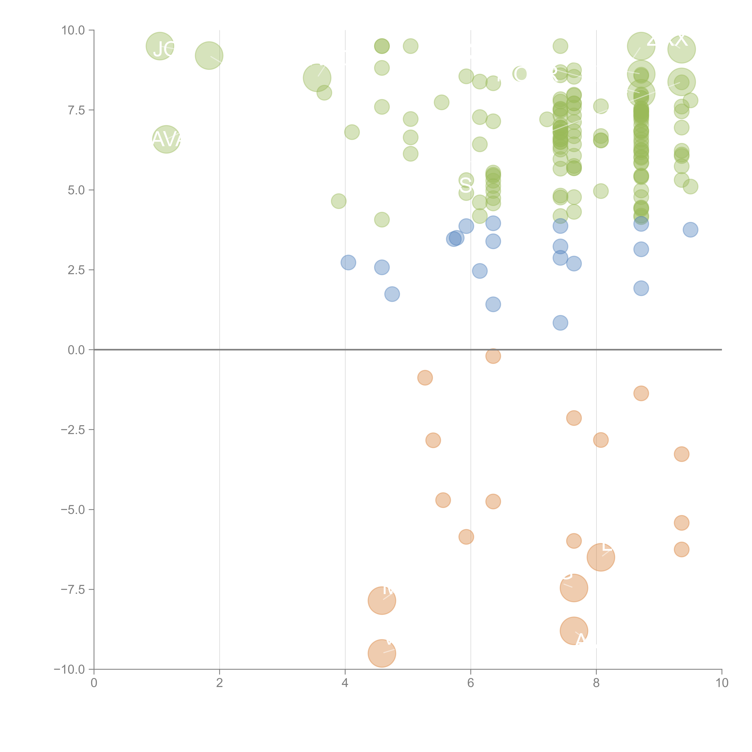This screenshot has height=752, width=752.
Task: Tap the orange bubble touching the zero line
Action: pos(493,356)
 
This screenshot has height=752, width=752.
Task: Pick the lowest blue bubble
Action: pos(560,323)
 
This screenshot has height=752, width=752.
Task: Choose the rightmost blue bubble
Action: pos(690,230)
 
